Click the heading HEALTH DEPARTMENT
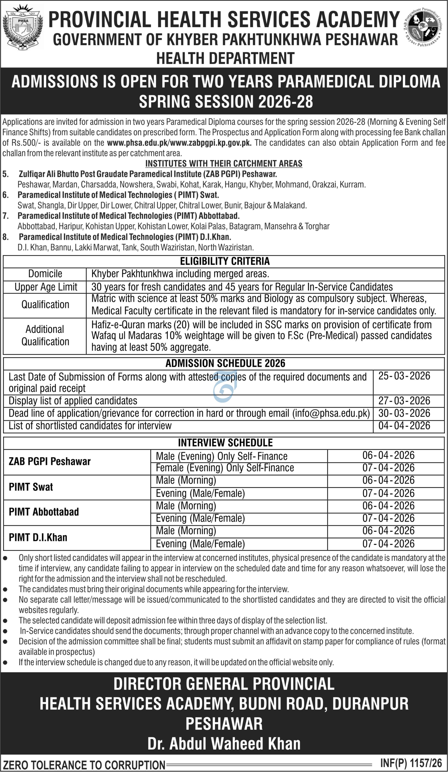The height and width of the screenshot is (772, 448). pyautogui.click(x=225, y=58)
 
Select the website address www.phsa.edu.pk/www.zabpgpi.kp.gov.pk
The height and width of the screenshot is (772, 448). pyautogui.click(x=179, y=143)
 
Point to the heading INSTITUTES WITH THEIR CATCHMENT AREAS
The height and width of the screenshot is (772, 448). pyautogui.click(x=224, y=164)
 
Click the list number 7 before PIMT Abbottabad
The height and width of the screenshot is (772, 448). pyautogui.click(x=6, y=216)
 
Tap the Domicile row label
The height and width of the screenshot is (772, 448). pyautogui.click(x=45, y=274)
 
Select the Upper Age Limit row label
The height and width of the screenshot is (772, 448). pyautogui.click(x=46, y=287)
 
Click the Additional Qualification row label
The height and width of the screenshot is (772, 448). pyautogui.click(x=45, y=335)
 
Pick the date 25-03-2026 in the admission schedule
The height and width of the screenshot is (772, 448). pyautogui.click(x=404, y=376)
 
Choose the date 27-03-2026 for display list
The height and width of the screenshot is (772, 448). pyautogui.click(x=404, y=401)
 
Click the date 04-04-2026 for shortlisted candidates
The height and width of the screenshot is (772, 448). pyautogui.click(x=404, y=426)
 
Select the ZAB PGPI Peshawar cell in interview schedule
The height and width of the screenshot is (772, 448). pyautogui.click(x=50, y=462)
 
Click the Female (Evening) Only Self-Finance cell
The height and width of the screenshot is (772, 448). pyautogui.click(x=225, y=468)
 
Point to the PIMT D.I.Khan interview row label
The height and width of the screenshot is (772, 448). pyautogui.click(x=38, y=537)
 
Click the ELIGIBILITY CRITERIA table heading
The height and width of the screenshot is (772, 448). pyautogui.click(x=225, y=261)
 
